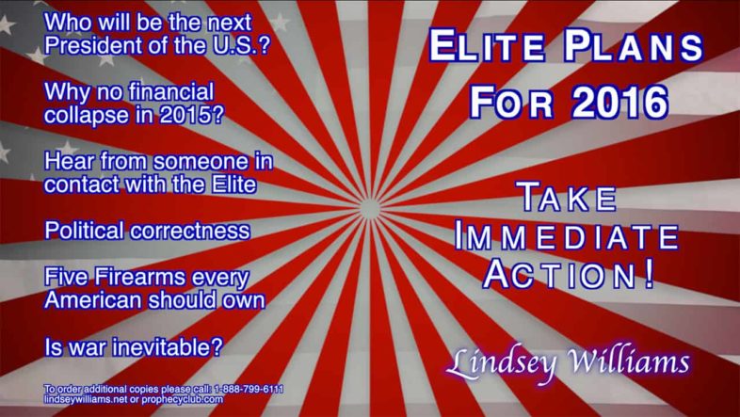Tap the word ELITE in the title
(487, 46)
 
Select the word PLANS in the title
(634, 46)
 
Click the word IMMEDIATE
(567, 237)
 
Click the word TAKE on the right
(567, 197)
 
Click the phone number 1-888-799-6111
(249, 389)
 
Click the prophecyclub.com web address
(182, 399)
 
